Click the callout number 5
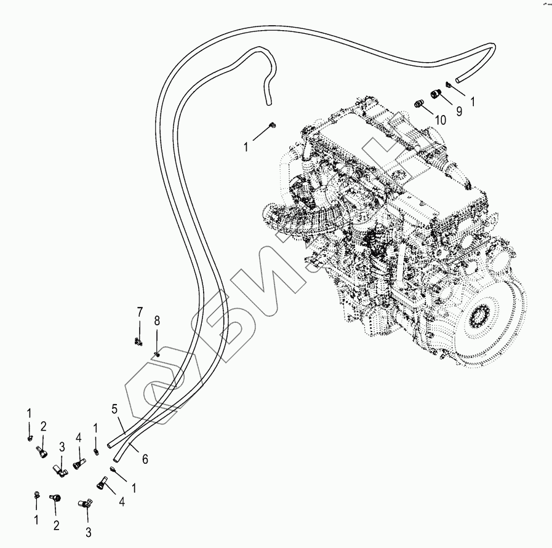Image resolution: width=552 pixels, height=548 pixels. click(114, 408)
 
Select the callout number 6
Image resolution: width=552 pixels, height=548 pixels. click(145, 459)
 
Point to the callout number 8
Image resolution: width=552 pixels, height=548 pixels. click(157, 320)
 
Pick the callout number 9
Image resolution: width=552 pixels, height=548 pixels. click(458, 111)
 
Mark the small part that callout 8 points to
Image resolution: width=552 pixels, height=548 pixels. click(158, 353)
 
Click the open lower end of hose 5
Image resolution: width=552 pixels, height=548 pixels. click(110, 443)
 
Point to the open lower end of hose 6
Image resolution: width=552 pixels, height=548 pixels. click(116, 458)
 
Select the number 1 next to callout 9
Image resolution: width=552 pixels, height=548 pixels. click(473, 100)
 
